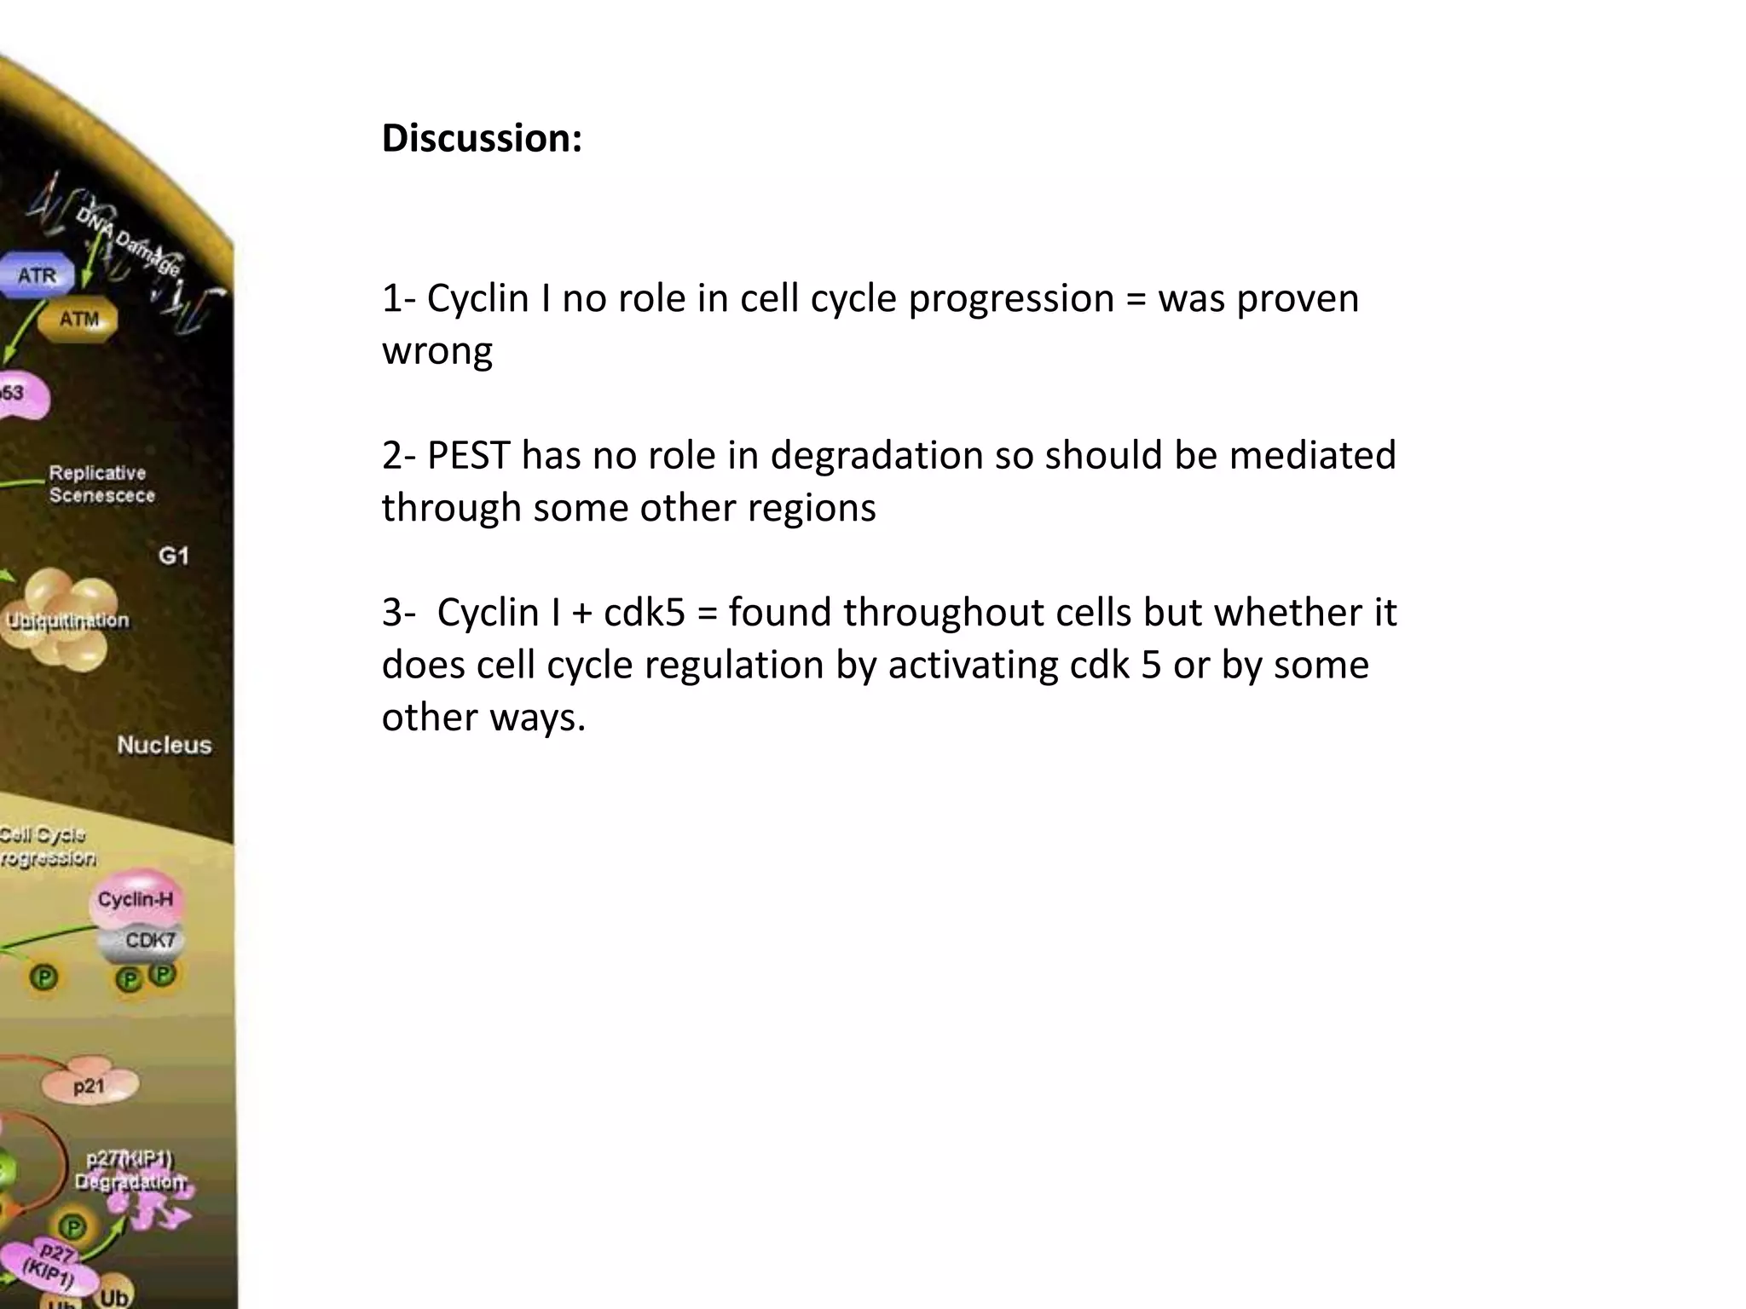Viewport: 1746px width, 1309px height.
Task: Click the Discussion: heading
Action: point(482,138)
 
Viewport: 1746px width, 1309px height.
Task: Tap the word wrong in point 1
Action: point(436,350)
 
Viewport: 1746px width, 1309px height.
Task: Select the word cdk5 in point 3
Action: point(645,613)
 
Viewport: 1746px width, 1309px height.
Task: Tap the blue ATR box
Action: point(37,276)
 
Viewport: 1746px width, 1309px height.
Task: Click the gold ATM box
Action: point(79,320)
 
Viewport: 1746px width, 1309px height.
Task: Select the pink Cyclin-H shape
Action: point(136,899)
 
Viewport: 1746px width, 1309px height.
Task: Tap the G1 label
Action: point(173,556)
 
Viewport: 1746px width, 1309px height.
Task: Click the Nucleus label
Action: point(164,745)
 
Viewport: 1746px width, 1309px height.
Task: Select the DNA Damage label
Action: point(128,241)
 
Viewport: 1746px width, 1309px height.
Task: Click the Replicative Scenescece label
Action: point(101,484)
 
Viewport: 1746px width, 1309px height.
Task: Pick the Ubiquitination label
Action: point(67,620)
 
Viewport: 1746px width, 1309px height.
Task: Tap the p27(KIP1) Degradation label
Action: point(130,1170)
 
